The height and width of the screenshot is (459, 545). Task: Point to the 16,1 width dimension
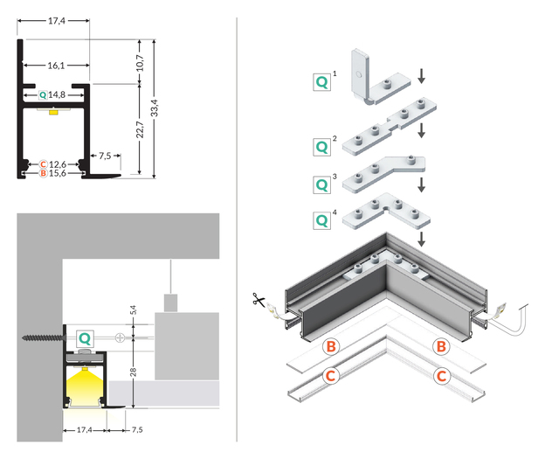click(x=53, y=66)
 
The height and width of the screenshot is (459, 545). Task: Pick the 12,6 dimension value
click(x=56, y=163)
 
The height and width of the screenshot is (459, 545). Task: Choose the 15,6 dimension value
click(x=56, y=173)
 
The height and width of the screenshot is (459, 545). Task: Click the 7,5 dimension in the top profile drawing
click(x=105, y=156)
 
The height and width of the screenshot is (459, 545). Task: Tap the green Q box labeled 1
click(x=322, y=82)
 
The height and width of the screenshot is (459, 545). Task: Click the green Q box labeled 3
click(x=322, y=184)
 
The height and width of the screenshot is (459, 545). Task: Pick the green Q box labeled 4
click(x=322, y=219)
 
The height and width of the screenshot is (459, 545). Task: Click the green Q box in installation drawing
click(x=85, y=337)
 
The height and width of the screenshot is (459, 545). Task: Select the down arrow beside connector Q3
click(x=422, y=185)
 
